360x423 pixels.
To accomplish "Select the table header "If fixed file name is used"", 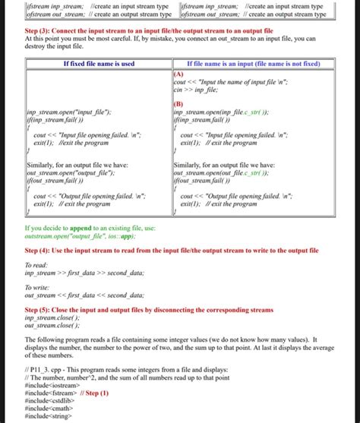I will [98, 64].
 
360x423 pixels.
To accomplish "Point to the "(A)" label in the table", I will [179, 74].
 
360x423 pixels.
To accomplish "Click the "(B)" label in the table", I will [179, 102].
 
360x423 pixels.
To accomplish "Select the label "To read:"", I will [38, 264].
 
